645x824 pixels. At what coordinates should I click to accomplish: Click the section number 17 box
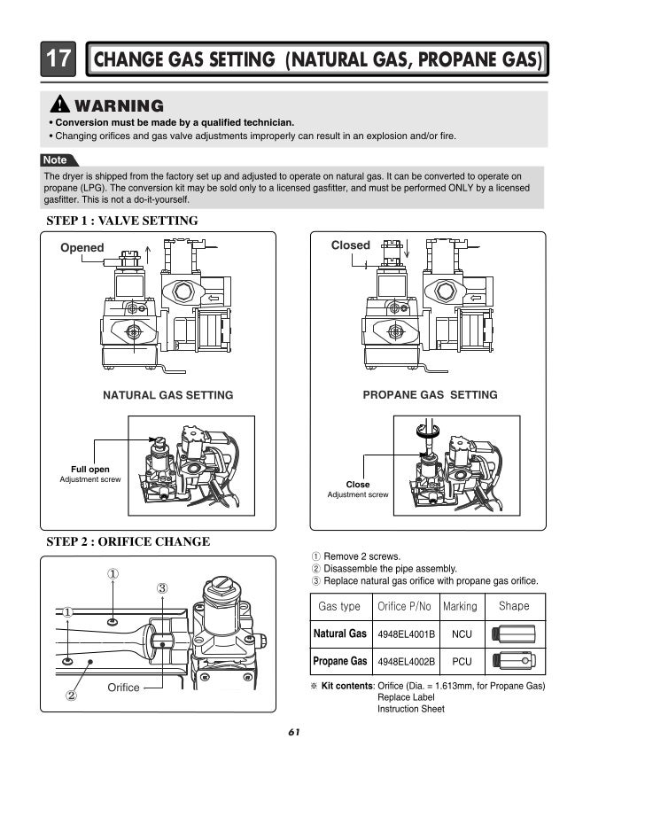[x=58, y=60]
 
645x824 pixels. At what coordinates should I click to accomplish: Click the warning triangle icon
[x=62, y=105]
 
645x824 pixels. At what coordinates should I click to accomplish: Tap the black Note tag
[x=55, y=159]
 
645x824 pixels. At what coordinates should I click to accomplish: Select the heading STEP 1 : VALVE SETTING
[x=121, y=221]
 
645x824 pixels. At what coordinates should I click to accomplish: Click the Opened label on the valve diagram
[x=82, y=248]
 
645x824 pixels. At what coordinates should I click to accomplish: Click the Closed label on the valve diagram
[x=350, y=245]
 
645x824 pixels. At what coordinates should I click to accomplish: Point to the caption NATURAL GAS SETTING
[x=168, y=395]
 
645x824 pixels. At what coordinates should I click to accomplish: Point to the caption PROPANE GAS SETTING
[x=430, y=395]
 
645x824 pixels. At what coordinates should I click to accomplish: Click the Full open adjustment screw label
[x=90, y=469]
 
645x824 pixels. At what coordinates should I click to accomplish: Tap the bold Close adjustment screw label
[x=358, y=485]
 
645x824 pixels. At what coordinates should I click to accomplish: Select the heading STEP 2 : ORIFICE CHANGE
[x=128, y=541]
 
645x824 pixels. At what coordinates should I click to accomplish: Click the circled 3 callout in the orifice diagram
[x=162, y=588]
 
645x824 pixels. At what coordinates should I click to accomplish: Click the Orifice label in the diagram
[x=123, y=688]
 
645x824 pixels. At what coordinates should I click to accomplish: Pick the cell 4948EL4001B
[x=406, y=634]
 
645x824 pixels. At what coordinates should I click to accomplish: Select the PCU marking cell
[x=461, y=662]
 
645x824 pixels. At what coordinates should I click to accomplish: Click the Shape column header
[x=514, y=606]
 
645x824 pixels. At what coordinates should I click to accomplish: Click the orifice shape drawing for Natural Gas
[x=514, y=634]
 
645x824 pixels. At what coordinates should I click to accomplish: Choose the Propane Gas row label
[x=340, y=662]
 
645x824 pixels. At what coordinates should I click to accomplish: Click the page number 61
[x=295, y=732]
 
